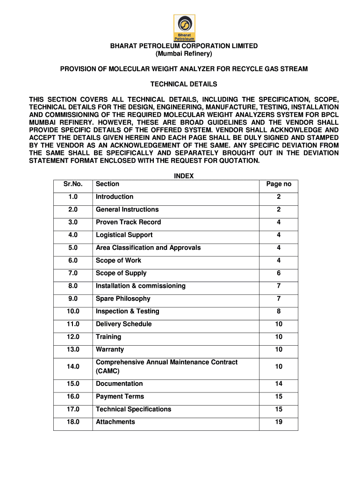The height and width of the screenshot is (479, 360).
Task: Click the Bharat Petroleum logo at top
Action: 184,28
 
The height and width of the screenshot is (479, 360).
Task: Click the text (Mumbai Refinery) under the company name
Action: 184,54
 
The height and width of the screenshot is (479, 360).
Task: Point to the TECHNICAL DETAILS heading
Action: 184,84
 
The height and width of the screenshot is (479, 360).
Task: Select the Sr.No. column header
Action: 73,184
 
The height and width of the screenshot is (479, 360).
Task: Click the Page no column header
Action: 279,184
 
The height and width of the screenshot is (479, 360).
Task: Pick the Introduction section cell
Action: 115,197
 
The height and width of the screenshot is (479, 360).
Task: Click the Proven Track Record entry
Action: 128,222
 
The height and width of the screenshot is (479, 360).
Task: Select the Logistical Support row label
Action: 124,235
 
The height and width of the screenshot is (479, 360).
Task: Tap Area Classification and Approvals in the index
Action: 148,247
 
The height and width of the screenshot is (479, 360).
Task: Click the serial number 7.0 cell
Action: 73,273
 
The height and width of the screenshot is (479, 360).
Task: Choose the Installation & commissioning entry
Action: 141,286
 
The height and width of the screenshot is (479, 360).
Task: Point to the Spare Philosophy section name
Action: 123,298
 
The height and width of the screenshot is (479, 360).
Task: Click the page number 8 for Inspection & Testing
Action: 279,312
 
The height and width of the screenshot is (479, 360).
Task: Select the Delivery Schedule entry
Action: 123,324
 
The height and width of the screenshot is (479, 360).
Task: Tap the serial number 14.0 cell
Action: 73,367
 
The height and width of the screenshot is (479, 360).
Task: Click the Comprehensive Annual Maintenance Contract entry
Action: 166,363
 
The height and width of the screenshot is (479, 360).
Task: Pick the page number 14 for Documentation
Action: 279,384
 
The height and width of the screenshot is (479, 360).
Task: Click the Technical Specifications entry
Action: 133,409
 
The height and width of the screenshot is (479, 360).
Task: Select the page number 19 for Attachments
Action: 279,422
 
